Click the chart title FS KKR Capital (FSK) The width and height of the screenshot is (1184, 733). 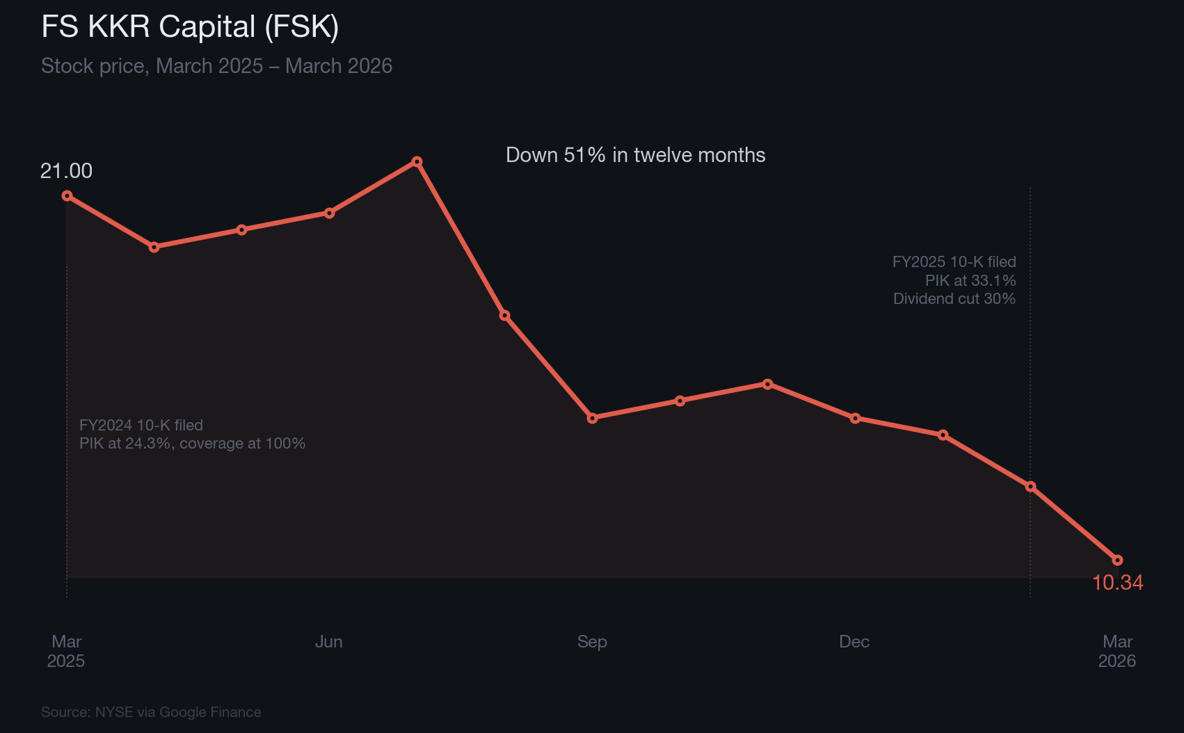[190, 27]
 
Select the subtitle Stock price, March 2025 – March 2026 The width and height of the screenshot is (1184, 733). [216, 66]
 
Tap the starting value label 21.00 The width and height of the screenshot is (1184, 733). [66, 171]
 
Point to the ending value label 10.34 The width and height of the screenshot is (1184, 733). [1117, 583]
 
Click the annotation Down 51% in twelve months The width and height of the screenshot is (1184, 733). [635, 155]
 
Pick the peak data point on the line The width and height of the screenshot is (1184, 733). [417, 162]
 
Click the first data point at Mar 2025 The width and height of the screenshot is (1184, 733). [67, 196]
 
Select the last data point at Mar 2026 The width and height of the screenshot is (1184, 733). [1117, 560]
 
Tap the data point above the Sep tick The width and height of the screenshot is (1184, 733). [592, 418]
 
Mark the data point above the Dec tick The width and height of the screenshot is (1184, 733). [855, 418]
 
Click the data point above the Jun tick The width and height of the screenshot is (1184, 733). [329, 213]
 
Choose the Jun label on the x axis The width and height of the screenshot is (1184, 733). [328, 642]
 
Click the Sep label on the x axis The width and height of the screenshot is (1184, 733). [592, 642]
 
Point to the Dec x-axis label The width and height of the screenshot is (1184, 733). [854, 642]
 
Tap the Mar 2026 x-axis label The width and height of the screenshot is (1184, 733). [1117, 651]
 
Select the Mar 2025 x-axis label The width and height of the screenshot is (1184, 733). [66, 651]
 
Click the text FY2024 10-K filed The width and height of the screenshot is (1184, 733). [141, 426]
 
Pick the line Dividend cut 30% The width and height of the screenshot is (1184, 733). [954, 299]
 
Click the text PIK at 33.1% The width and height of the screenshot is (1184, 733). [970, 281]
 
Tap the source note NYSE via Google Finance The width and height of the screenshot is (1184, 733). [151, 712]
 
